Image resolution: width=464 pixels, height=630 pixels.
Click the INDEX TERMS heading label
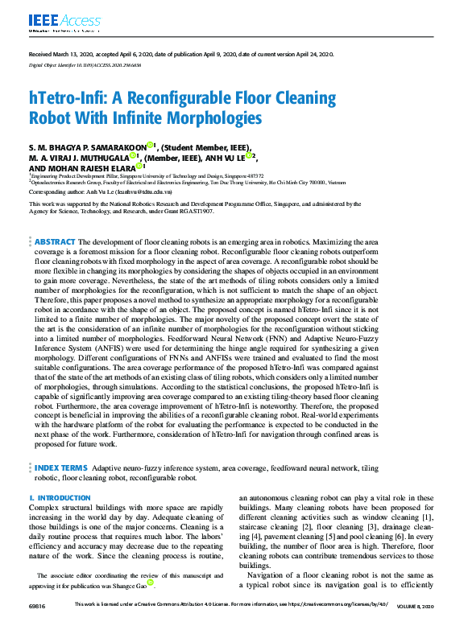[x=61, y=467]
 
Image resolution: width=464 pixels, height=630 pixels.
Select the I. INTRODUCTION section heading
[x=60, y=499]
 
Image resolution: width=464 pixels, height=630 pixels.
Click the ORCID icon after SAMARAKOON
[x=150, y=146]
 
